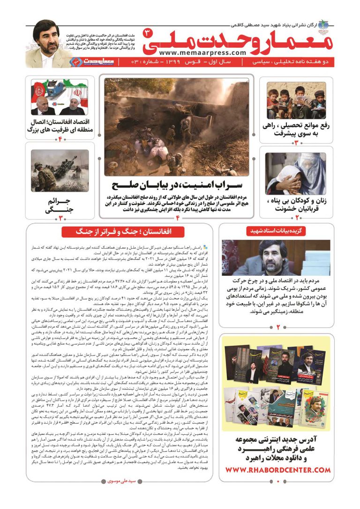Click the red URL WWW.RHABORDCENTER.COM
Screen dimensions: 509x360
(x=277, y=470)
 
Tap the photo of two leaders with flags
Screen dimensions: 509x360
(x=60, y=97)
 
